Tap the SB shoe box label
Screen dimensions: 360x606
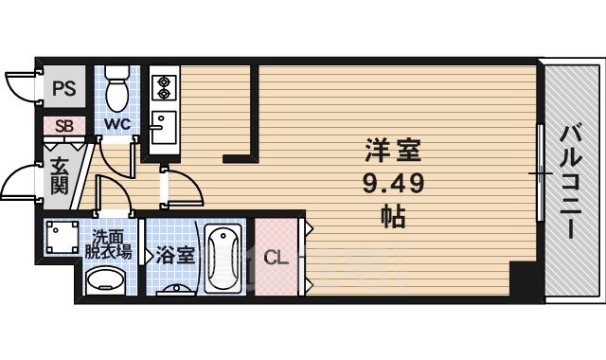(64, 125)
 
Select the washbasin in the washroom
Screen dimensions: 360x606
(104, 281)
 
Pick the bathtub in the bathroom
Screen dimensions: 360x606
(224, 258)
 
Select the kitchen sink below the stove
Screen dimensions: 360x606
(163, 124)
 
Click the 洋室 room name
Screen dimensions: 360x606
(392, 149)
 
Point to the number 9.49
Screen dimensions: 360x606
(392, 182)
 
